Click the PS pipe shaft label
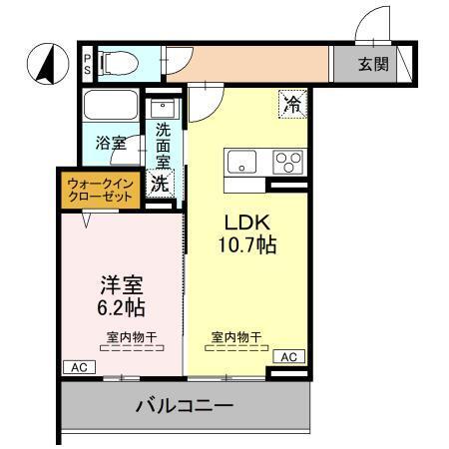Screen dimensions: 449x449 coord(87,64)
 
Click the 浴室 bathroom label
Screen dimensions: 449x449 coord(111,144)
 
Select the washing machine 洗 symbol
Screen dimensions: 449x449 coord(160,184)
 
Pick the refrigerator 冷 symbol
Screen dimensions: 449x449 coord(293,102)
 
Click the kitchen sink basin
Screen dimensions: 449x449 coord(244,162)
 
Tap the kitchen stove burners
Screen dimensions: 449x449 coord(290,161)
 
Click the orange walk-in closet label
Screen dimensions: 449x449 coord(100,190)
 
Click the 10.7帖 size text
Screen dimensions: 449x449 coord(247,245)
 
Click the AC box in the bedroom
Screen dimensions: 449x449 coord(78,367)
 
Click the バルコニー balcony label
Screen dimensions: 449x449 coord(185,406)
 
